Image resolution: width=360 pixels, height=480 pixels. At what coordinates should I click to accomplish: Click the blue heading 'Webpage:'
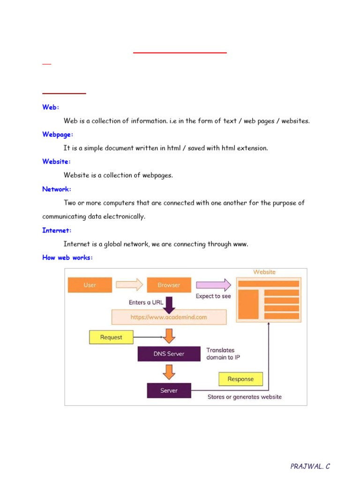point(58,135)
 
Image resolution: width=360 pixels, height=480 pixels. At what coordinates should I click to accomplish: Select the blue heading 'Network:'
point(57,189)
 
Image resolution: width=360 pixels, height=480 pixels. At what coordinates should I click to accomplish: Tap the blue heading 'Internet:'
point(57,231)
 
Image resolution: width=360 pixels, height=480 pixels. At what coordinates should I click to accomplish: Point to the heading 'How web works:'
point(67,258)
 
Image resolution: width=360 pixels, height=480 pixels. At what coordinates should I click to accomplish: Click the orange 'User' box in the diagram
point(90,285)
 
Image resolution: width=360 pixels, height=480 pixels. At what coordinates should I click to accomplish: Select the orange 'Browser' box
point(169,285)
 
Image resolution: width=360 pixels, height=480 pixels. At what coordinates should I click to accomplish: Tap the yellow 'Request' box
point(111,337)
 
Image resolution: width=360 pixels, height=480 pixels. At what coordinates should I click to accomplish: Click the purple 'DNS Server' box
point(169,354)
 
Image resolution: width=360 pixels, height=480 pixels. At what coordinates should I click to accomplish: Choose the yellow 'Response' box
point(240,379)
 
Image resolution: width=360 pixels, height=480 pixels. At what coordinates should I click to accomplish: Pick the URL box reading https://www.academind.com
point(169,317)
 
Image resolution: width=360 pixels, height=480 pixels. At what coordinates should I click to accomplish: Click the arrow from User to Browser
point(129,285)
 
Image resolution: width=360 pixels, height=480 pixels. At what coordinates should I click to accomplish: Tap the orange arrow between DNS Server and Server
point(169,372)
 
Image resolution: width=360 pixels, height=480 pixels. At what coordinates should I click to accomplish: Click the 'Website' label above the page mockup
point(264,272)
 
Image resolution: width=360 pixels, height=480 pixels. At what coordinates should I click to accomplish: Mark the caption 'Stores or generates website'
point(245,397)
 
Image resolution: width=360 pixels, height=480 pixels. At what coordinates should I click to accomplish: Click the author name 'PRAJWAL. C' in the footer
point(310,466)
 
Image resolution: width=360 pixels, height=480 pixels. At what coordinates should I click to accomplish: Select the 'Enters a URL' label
point(146,302)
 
